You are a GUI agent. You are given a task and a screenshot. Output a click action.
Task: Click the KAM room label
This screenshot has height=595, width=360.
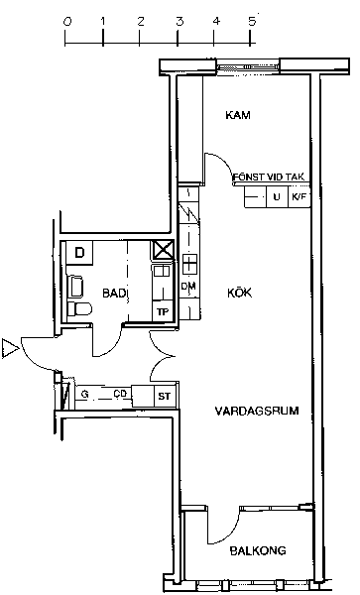coord(238,115)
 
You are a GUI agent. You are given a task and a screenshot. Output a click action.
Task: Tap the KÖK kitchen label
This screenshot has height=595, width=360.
coord(239,293)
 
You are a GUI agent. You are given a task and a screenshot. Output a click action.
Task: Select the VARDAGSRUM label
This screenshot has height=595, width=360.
coord(257,411)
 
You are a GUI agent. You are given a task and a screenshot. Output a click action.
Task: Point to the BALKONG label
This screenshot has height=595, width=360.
coord(258,550)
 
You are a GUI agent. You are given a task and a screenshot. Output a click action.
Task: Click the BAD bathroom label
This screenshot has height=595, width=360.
coord(114,293)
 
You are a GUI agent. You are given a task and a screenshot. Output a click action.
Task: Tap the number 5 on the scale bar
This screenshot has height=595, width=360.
coord(252,21)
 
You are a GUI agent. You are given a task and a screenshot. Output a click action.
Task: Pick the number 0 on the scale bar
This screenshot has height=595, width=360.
coord(67,21)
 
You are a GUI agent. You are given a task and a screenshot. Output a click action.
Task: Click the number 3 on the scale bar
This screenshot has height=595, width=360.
coord(180,21)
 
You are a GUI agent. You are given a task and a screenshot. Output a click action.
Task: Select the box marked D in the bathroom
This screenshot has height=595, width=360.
coord(79,252)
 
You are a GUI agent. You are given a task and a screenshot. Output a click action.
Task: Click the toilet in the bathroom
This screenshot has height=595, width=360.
coord(79,308)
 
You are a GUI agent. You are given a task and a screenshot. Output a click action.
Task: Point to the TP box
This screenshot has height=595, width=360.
coord(163,312)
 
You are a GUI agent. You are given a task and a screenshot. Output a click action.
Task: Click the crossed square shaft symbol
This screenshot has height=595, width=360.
coord(163,250)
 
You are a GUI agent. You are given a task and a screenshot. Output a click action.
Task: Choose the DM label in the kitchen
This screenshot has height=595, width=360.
coord(188,287)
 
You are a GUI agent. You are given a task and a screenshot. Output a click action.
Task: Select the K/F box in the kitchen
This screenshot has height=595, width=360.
coord(300,197)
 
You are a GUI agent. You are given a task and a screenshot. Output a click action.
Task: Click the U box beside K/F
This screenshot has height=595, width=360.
coord(278,197)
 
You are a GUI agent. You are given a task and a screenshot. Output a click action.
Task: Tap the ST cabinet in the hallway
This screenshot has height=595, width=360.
coord(165,397)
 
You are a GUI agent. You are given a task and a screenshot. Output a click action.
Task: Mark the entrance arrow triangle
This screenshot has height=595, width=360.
coord(10,348)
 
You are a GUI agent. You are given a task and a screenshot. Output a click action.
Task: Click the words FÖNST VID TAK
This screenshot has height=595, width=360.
coord(269,177)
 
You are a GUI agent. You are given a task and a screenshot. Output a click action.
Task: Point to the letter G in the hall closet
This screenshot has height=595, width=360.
coord(85,395)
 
